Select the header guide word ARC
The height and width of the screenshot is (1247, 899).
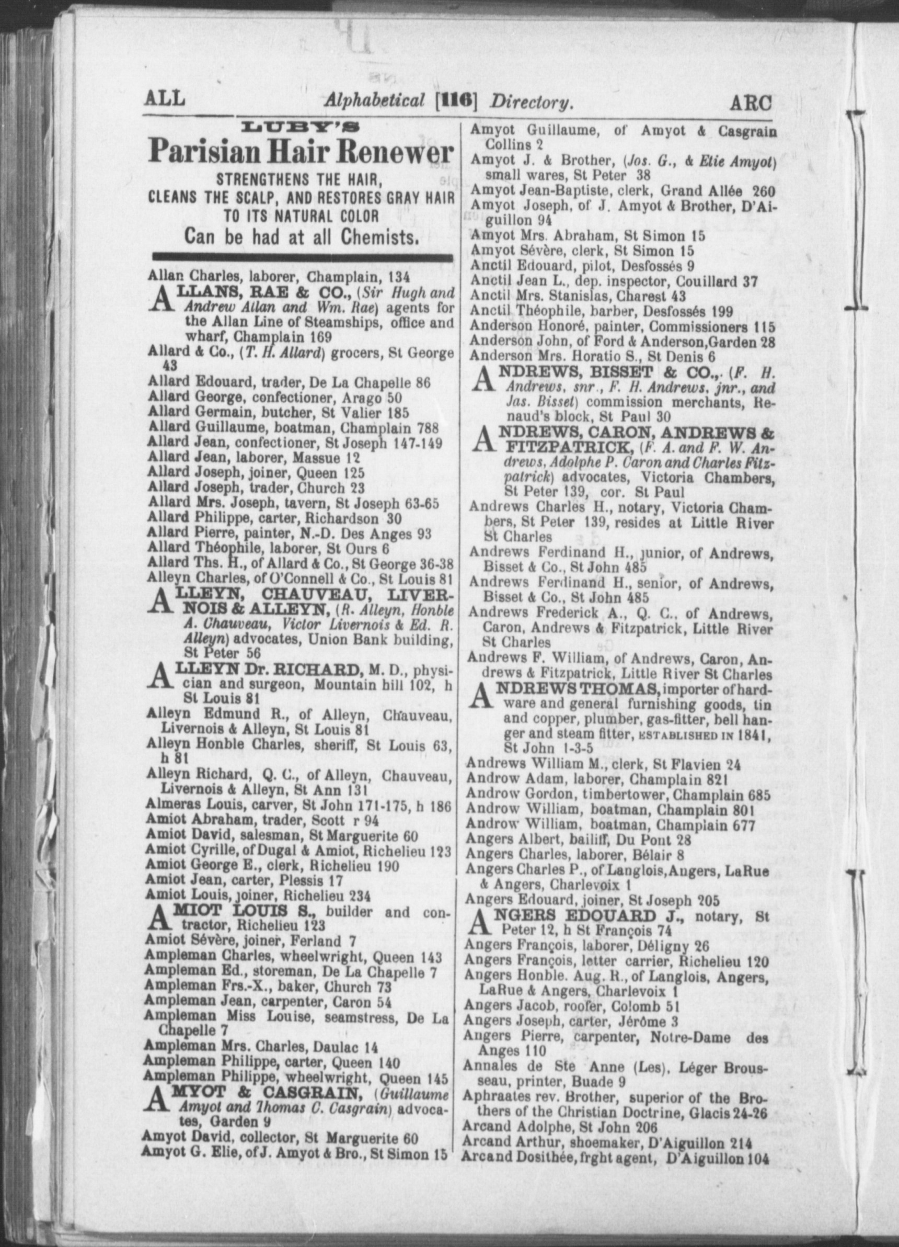[751, 103]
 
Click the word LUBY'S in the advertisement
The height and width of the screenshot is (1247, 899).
[301, 129]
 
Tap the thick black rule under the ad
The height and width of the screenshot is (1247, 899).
[302, 256]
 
